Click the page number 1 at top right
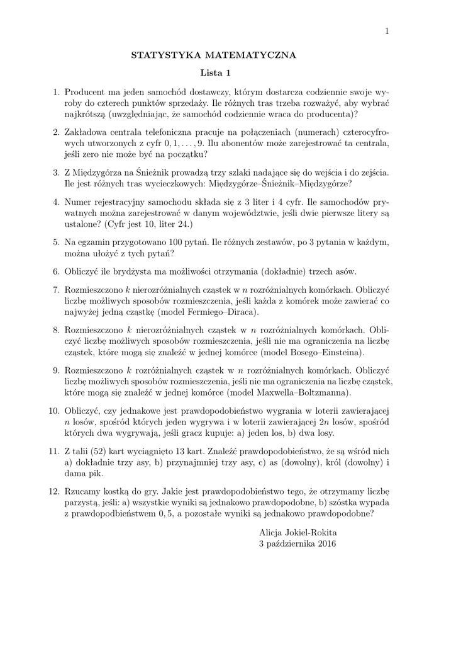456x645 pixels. point(387,31)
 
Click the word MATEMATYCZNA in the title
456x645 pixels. point(256,55)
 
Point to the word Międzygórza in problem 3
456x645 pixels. point(103,172)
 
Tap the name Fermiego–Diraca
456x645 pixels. point(223,312)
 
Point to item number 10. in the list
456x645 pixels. point(53,411)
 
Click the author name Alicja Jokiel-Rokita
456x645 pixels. point(298,533)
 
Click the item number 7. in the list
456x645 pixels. point(55,290)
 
